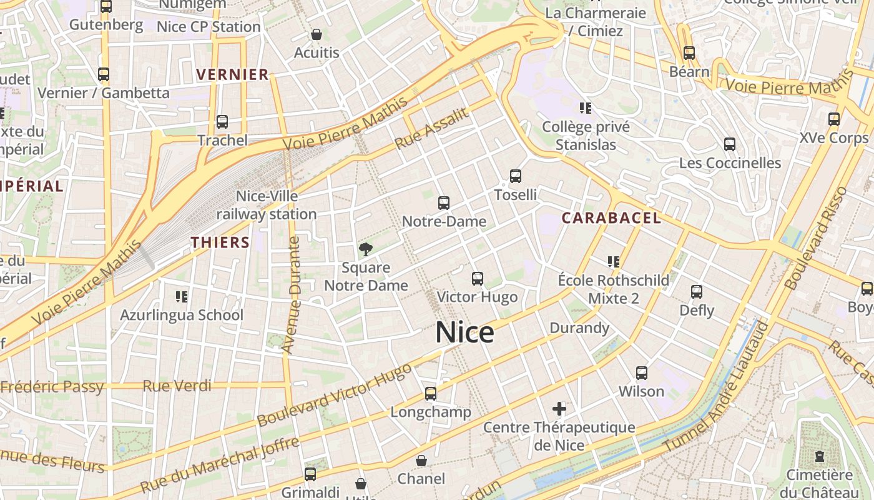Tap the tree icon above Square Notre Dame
click(x=366, y=249)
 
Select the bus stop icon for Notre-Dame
click(x=444, y=203)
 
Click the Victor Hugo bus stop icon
click(x=478, y=279)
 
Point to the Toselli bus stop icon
click(x=516, y=176)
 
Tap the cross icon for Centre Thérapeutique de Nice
click(x=559, y=409)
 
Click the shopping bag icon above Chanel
click(x=422, y=461)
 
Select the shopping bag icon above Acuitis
click(x=317, y=34)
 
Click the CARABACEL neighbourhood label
click(x=611, y=218)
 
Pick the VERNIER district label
click(x=232, y=75)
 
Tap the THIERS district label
click(x=220, y=242)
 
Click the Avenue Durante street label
click(x=292, y=295)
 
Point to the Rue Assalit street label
click(x=431, y=129)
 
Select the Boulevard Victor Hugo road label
click(x=334, y=395)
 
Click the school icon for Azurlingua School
click(x=182, y=296)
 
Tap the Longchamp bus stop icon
click(x=431, y=394)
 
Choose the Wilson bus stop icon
click(x=642, y=373)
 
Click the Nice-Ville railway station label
click(x=267, y=205)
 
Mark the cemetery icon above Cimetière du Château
click(x=819, y=456)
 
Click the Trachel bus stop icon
click(x=222, y=122)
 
